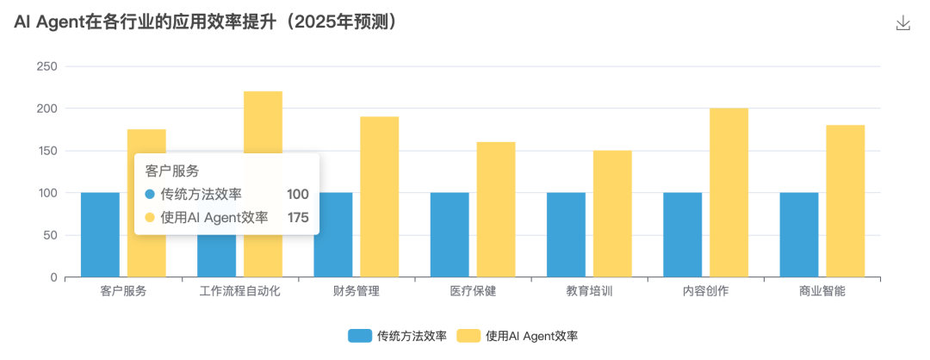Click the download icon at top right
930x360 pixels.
click(903, 23)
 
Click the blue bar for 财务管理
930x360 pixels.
click(333, 234)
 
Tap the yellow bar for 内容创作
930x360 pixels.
click(728, 192)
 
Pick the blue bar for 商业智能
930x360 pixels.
click(799, 234)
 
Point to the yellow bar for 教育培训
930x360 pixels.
click(612, 214)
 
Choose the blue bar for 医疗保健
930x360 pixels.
click(449, 234)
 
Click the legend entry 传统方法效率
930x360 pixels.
click(397, 336)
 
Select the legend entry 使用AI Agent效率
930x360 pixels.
click(522, 336)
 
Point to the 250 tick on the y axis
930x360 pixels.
click(47, 66)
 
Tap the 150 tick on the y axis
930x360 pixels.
click(47, 151)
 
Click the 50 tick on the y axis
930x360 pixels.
click(50, 235)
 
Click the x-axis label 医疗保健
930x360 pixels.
click(473, 291)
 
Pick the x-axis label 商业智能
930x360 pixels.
click(821, 291)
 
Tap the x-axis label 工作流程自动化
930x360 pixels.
click(239, 291)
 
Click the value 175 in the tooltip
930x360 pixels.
click(298, 218)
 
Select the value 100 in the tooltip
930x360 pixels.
click(298, 195)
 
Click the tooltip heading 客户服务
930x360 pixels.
click(172, 171)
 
